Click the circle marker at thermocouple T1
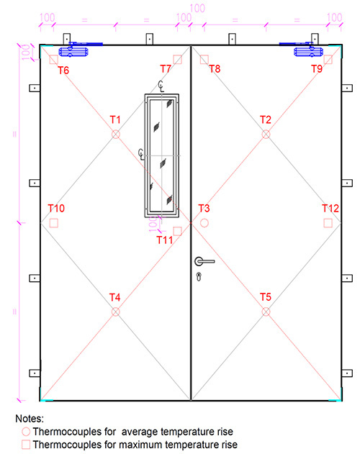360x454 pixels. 115,135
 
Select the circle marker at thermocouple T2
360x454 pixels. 266,135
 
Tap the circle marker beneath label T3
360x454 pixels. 204,223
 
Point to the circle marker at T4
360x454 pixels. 115,312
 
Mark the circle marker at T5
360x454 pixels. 266,312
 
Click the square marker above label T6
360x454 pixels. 54,60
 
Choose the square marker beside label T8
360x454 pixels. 204,60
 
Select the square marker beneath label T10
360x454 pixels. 54,223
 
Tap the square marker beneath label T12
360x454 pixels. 328,223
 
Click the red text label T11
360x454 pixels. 165,240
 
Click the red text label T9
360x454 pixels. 317,69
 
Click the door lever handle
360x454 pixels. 203,261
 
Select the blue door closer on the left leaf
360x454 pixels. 74,50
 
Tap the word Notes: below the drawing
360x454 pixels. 30,418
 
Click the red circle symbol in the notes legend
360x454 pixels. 26,432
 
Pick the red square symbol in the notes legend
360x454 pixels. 26,445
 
